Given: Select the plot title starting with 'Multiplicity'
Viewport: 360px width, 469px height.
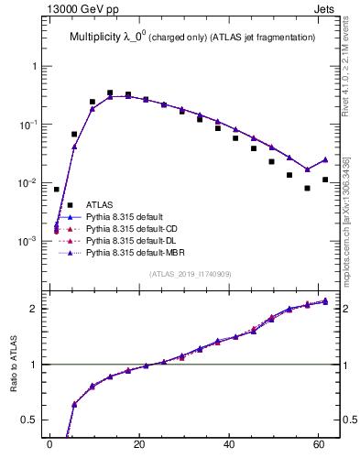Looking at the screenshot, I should coord(192,37).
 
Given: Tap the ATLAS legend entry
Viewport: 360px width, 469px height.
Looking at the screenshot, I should coord(100,204).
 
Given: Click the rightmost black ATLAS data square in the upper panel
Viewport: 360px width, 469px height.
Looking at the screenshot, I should coord(325,180).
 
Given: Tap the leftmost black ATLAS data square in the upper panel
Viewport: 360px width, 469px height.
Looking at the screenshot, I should coord(57,190).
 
